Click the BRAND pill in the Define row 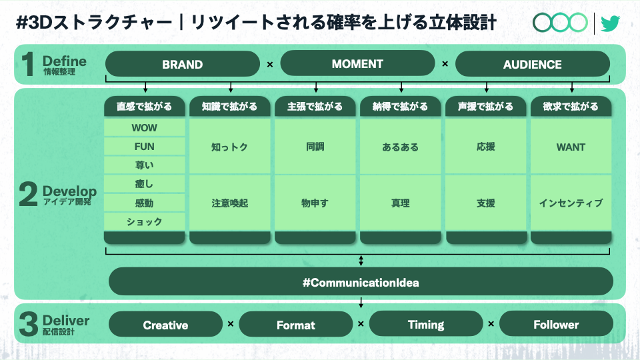click(x=183, y=64)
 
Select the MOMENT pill click(x=357, y=63)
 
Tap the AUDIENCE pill click(x=533, y=64)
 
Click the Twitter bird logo click(x=610, y=23)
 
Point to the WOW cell click(x=145, y=128)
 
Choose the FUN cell click(x=145, y=147)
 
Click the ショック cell click(x=145, y=221)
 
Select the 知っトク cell click(x=230, y=147)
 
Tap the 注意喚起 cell click(x=230, y=203)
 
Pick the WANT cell click(x=571, y=147)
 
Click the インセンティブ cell click(x=571, y=203)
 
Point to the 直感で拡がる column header click(x=145, y=107)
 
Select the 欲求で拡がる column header click(x=571, y=107)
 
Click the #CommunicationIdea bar click(x=361, y=281)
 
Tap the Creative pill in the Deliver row click(x=166, y=325)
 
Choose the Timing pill click(x=426, y=324)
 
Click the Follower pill click(x=556, y=324)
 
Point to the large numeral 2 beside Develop click(x=28, y=194)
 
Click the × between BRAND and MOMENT click(x=270, y=65)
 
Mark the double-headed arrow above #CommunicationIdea click(x=361, y=261)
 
